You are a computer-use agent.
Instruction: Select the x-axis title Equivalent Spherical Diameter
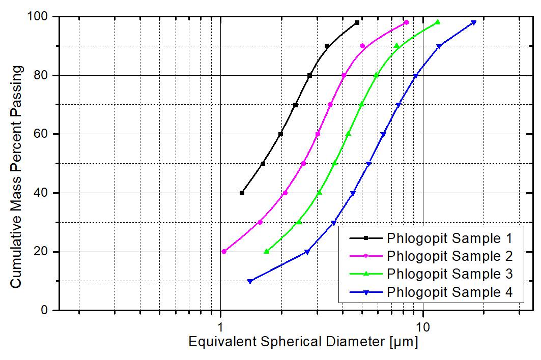pos(303,342)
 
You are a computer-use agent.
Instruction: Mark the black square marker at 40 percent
pos(242,193)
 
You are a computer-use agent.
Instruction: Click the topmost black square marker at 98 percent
pos(357,22)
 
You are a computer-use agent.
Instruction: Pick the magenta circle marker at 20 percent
pos(224,252)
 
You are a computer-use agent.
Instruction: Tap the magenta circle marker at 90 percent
pos(362,46)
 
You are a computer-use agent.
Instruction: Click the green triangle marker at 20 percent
pos(266,251)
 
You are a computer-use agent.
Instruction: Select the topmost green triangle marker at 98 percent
pos(438,22)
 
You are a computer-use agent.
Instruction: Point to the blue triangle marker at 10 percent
pos(250,281)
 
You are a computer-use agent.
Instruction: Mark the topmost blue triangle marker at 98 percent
pos(474,23)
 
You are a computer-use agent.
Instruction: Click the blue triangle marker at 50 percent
pos(368,164)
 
